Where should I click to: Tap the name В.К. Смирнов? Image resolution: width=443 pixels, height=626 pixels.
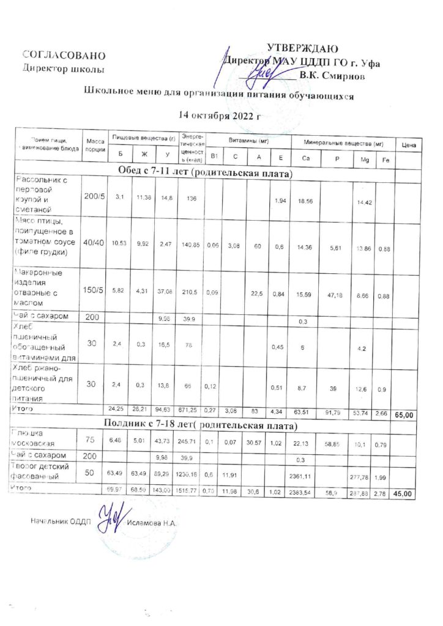tap(333, 77)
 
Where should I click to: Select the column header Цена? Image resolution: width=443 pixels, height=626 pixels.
tap(409, 145)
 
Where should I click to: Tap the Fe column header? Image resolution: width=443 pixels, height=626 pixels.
tap(385, 159)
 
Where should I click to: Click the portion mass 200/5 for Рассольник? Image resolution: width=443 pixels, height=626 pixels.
tap(94, 196)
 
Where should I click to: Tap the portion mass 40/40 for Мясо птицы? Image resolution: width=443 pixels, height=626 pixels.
tap(94, 242)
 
